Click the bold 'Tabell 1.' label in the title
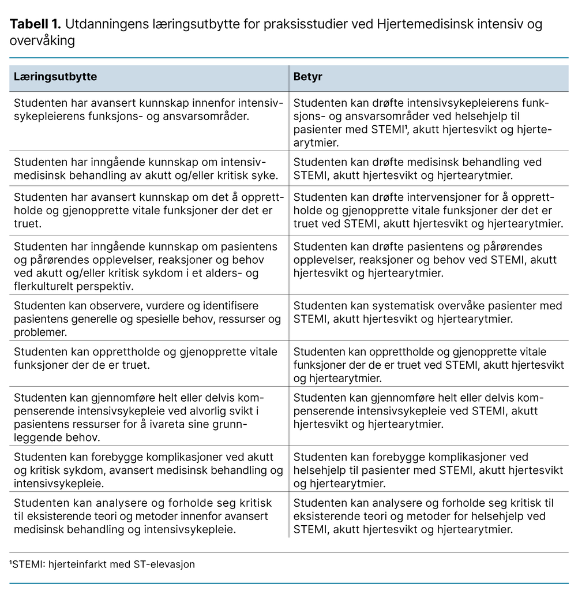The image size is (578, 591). pyautogui.click(x=35, y=25)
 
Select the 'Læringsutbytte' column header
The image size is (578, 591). pyautogui.click(x=55, y=77)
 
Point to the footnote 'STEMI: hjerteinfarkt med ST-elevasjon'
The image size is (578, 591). pyautogui.click(x=102, y=564)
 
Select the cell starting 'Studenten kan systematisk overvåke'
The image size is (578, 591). pyautogui.click(x=427, y=312)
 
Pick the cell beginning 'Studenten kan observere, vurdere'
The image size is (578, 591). pyautogui.click(x=147, y=319)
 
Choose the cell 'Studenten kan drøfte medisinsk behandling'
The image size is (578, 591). pyautogui.click(x=418, y=169)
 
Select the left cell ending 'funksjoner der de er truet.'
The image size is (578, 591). pyautogui.click(x=145, y=358)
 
